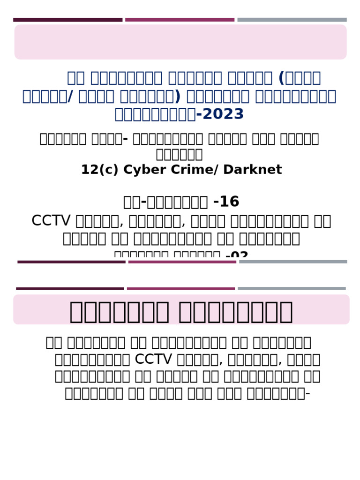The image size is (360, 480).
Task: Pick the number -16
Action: pos(226,202)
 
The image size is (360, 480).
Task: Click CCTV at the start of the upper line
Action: pos(44,221)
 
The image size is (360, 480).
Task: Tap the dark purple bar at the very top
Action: pos(67,20)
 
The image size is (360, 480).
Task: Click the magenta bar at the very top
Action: pos(180,20)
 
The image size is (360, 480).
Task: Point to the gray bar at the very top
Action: pos(292,20)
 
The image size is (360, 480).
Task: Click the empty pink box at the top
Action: pos(180,42)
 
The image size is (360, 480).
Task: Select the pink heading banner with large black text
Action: pos(181,310)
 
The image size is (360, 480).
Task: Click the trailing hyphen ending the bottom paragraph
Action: pos(307,393)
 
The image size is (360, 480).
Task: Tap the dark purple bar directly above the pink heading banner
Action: pos(70,288)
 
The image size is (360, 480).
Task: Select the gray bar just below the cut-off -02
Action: pos(293,262)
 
